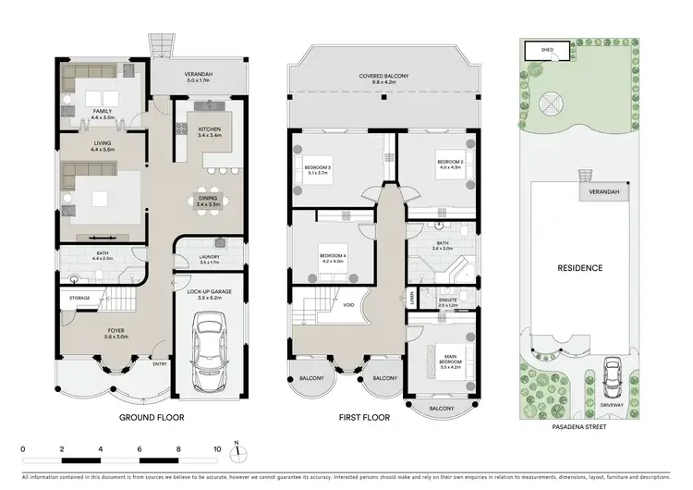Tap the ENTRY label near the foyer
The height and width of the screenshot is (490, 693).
(160, 364)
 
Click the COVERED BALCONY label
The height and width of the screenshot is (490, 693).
(383, 77)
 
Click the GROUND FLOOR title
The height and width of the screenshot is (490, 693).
(152, 418)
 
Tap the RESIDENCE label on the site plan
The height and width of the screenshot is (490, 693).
(579, 268)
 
